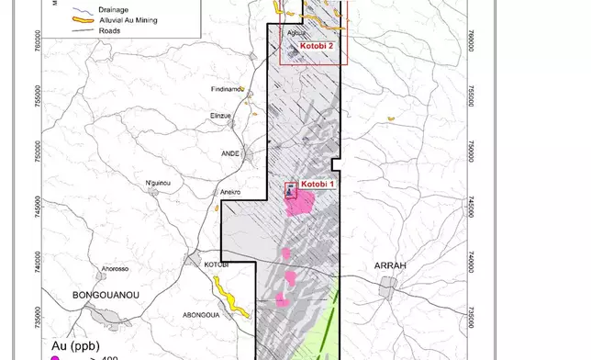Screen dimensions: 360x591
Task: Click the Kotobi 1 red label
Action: [315, 185]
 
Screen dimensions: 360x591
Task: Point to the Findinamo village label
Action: [227, 89]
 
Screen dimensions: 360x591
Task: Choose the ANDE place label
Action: [229, 154]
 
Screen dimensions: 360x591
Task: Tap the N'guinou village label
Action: [160, 184]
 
